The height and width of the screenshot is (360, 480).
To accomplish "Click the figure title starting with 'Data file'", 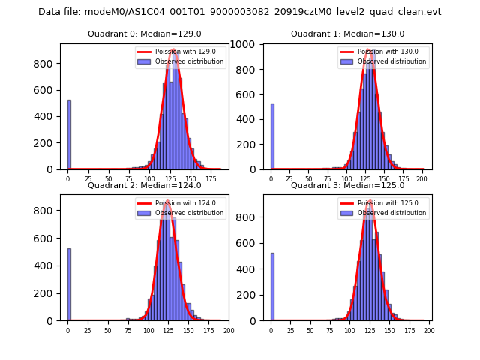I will (240, 12).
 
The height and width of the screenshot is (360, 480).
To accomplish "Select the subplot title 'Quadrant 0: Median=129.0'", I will (144, 34).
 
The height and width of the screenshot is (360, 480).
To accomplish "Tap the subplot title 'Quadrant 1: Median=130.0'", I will (347, 34).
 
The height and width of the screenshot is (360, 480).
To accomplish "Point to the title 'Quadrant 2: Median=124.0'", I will (144, 185).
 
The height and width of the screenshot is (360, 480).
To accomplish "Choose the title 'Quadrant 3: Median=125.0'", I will (347, 185).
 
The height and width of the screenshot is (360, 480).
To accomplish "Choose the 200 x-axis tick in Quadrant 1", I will (424, 179).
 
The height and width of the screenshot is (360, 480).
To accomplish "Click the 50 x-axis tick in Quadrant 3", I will (310, 330).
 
